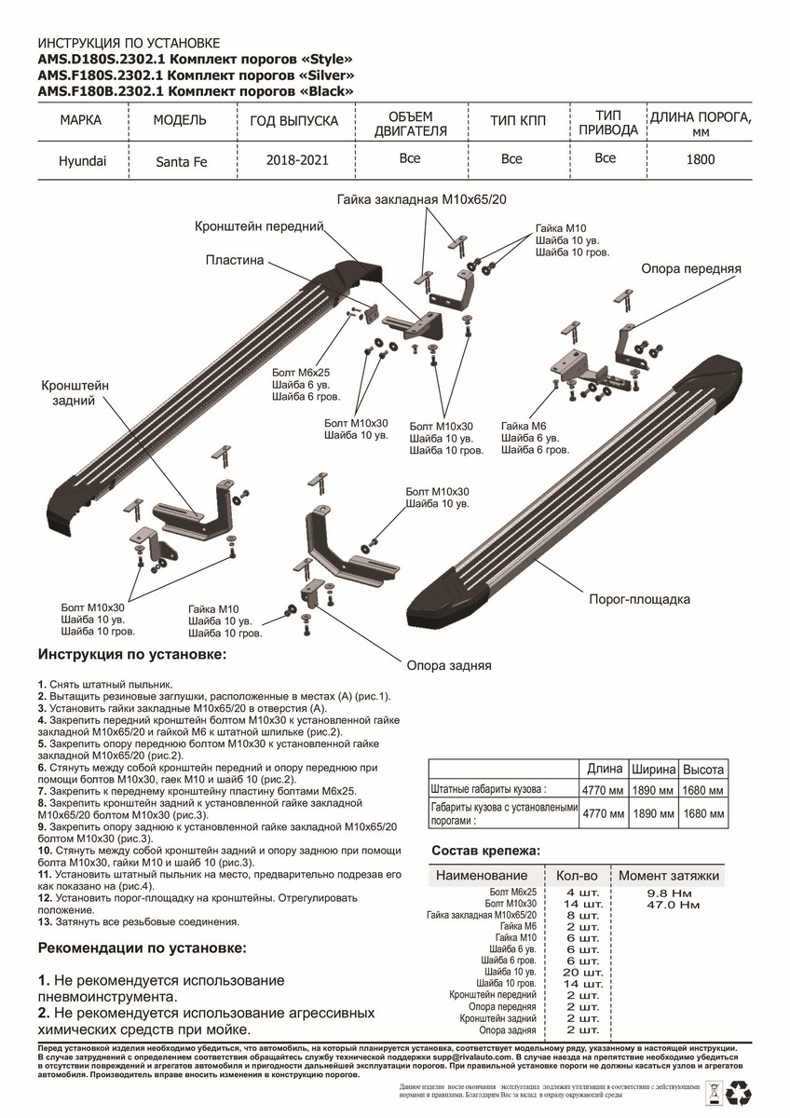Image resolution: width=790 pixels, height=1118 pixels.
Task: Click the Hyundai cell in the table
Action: [83, 160]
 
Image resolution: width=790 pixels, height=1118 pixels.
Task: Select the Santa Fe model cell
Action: [181, 161]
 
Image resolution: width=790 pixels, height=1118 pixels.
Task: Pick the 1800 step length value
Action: [701, 159]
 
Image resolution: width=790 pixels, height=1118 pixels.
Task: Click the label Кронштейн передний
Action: [259, 226]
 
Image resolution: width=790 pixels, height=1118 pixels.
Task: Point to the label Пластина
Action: [235, 261]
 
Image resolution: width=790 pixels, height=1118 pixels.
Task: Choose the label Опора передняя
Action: [690, 268]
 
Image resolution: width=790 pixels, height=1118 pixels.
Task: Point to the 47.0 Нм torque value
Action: [674, 905]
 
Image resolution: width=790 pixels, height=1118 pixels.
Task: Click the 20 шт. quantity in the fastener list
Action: [583, 972]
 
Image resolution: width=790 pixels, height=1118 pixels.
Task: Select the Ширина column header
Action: [654, 770]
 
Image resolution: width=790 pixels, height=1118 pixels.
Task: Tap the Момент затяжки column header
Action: [668, 876]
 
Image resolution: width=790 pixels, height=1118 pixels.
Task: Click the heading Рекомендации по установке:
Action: [143, 948]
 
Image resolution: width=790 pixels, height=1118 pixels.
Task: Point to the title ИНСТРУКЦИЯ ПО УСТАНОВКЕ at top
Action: [128, 44]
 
